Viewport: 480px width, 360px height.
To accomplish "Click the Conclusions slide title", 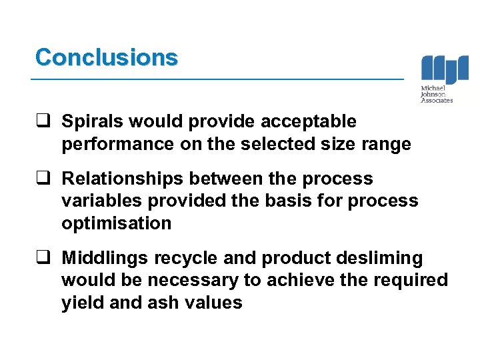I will [107, 57].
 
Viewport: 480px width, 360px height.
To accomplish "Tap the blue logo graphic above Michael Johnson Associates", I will [445, 69].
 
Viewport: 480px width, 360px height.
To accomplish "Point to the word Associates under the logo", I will [437, 101].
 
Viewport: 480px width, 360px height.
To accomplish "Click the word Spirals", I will [90, 122].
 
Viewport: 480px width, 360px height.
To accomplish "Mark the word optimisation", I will [116, 223].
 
